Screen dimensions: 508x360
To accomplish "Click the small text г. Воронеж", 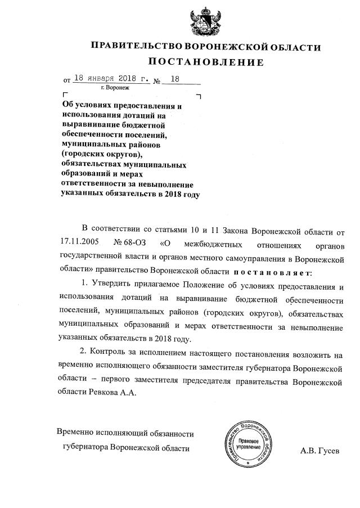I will [x=115, y=88].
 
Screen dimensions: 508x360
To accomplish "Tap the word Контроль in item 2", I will [x=110, y=354].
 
